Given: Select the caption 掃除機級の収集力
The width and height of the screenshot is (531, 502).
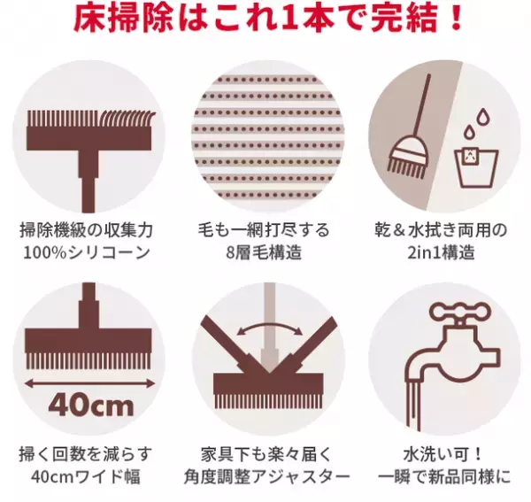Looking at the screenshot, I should point(88,230).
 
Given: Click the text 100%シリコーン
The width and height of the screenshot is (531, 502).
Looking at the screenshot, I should point(88,253).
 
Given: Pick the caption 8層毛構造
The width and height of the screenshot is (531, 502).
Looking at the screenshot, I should point(265,253).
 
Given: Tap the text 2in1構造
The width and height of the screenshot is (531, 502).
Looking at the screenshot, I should point(440,253).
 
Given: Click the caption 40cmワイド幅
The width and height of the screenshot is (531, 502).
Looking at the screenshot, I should point(88,478).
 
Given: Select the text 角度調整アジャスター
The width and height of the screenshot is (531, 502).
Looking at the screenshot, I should point(265,478).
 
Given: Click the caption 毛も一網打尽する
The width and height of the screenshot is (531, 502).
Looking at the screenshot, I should point(265,230).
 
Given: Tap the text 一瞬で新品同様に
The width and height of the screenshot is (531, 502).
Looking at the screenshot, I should point(440,478).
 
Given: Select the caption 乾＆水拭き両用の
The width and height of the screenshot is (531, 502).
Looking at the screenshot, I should point(440,230).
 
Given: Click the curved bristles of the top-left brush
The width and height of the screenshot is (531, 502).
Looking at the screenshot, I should point(124,119).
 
